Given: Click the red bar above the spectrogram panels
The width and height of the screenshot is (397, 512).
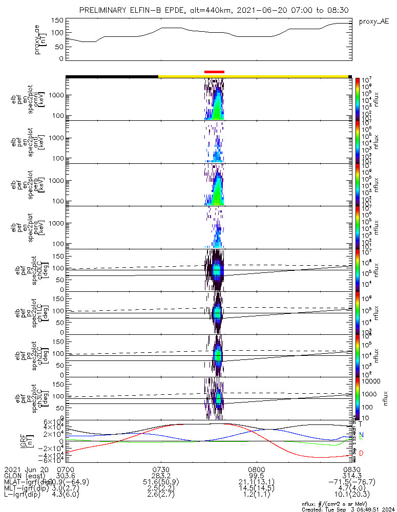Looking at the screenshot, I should pyautogui.click(x=214, y=72).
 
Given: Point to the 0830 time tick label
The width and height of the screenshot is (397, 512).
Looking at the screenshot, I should pyautogui.click(x=351, y=469).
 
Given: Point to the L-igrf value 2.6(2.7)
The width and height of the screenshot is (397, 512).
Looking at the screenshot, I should pyautogui.click(x=161, y=496).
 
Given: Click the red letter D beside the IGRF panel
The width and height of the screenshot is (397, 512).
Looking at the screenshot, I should pyautogui.click(x=361, y=453).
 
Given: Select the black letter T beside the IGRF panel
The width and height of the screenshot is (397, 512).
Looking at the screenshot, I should pyautogui.click(x=361, y=424).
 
